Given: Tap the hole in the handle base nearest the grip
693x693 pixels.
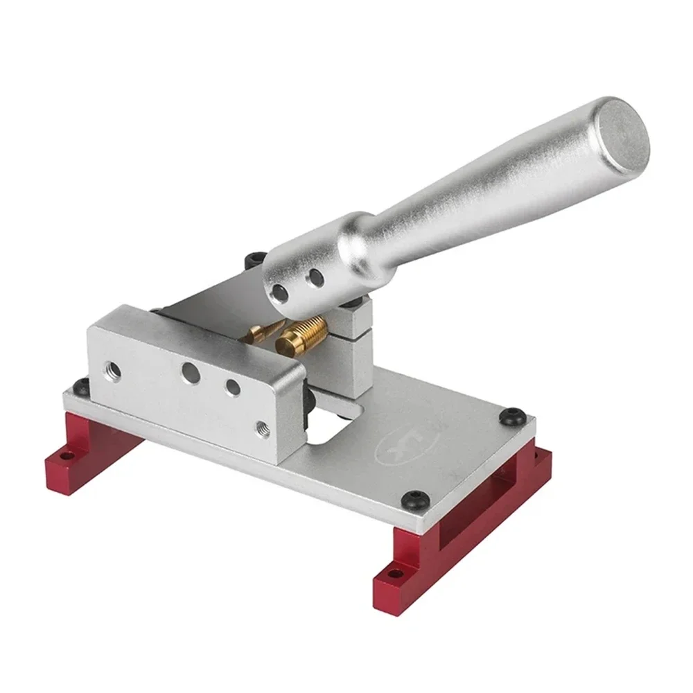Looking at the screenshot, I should point(316,279).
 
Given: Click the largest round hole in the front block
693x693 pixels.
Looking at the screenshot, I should point(189,370).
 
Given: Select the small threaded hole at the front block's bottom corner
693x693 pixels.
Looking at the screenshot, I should point(261,428).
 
